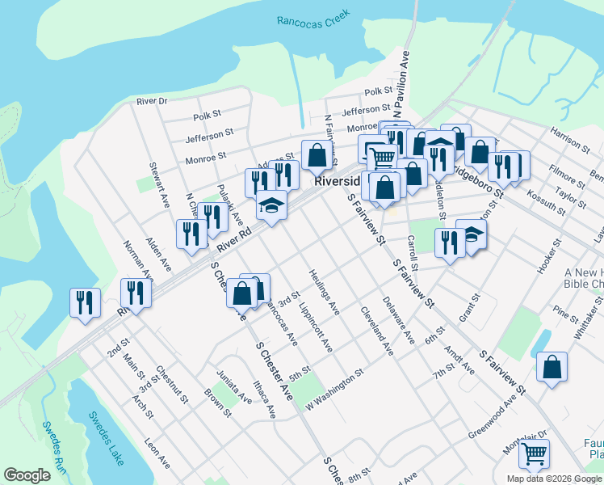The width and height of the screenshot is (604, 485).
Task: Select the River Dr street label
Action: tap(151, 101)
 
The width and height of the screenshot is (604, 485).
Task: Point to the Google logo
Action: tap(27, 475)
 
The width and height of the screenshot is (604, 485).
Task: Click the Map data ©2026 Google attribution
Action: tap(554, 479)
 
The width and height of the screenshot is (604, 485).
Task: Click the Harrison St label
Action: tap(569, 139)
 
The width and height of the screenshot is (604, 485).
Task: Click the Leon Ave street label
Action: tap(157, 453)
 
